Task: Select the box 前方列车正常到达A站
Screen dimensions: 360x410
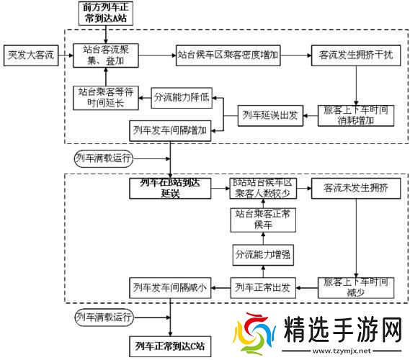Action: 106,12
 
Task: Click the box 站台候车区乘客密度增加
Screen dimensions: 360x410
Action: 228,54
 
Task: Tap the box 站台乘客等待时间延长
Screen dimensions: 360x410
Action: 105,98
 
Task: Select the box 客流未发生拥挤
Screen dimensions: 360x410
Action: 349,188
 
